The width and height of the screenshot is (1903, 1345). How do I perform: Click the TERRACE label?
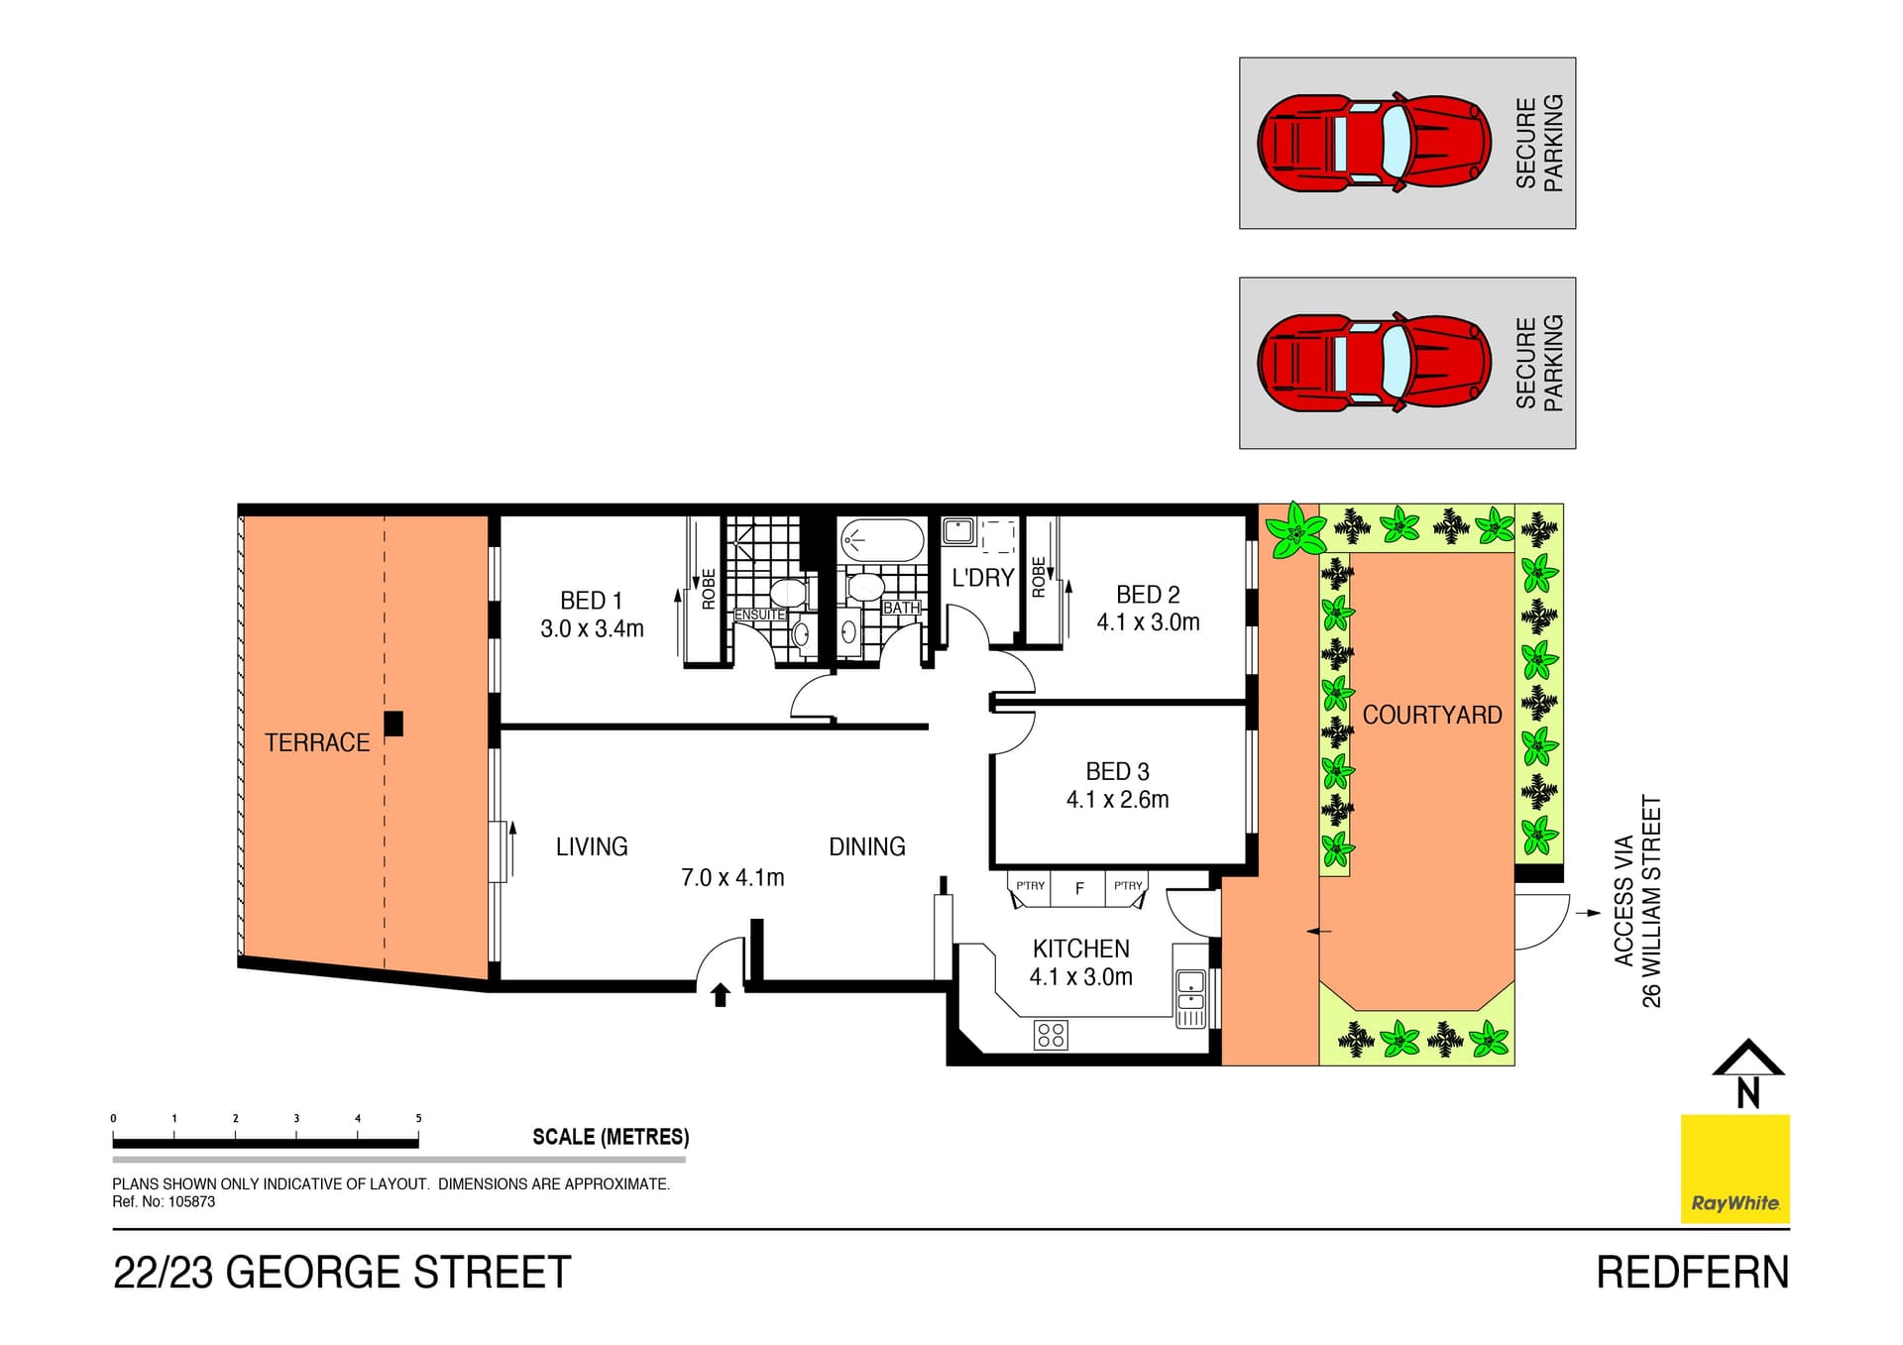[316, 742]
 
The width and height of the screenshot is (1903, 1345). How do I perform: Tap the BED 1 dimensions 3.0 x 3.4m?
[592, 628]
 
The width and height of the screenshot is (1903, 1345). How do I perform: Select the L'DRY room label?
[982, 578]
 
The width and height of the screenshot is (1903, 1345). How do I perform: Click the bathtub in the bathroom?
[881, 540]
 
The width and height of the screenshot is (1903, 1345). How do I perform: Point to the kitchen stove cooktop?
[1051, 1035]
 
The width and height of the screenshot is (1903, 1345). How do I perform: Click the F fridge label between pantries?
[1079, 888]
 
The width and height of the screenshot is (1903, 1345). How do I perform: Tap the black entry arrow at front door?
[721, 994]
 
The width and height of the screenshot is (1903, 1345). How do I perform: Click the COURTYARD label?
[1431, 715]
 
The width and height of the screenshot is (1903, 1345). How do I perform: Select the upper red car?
[1374, 143]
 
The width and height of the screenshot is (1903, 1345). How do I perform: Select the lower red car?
[1374, 363]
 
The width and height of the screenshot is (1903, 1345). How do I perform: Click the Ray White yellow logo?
[1735, 1169]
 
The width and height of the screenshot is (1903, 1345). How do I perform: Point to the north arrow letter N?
[1748, 1093]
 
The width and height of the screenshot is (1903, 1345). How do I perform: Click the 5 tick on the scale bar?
[418, 1119]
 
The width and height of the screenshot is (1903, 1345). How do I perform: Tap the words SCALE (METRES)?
[611, 1137]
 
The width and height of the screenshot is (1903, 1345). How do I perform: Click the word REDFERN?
[1692, 1273]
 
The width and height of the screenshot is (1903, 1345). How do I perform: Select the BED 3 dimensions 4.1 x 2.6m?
[1117, 799]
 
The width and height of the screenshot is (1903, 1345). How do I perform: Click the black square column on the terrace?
[393, 724]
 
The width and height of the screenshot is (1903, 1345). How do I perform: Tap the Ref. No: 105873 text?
[164, 1201]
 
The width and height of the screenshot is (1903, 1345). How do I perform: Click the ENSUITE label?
[759, 615]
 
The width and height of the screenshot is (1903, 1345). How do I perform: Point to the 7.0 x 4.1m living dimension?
[732, 877]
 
